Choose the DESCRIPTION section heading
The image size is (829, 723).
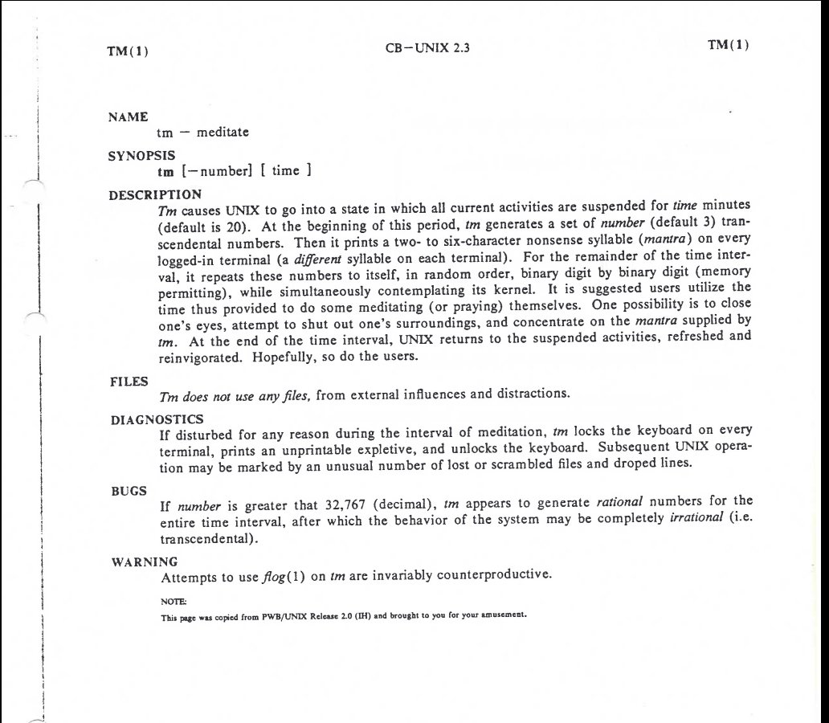pos(155,194)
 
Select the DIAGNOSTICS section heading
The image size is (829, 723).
pos(157,419)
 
